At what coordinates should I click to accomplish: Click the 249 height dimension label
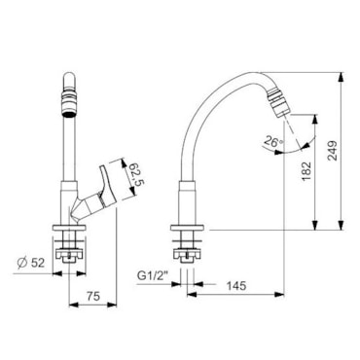tap(333, 151)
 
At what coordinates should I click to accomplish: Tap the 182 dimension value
tap(306, 171)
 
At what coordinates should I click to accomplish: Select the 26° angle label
tap(273, 141)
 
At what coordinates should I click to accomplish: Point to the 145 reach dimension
tap(236, 286)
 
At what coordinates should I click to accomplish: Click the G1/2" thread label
tap(153, 275)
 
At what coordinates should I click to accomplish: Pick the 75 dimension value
tap(93, 296)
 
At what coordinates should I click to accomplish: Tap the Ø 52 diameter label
tap(31, 263)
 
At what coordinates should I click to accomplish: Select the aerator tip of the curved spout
tap(277, 104)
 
